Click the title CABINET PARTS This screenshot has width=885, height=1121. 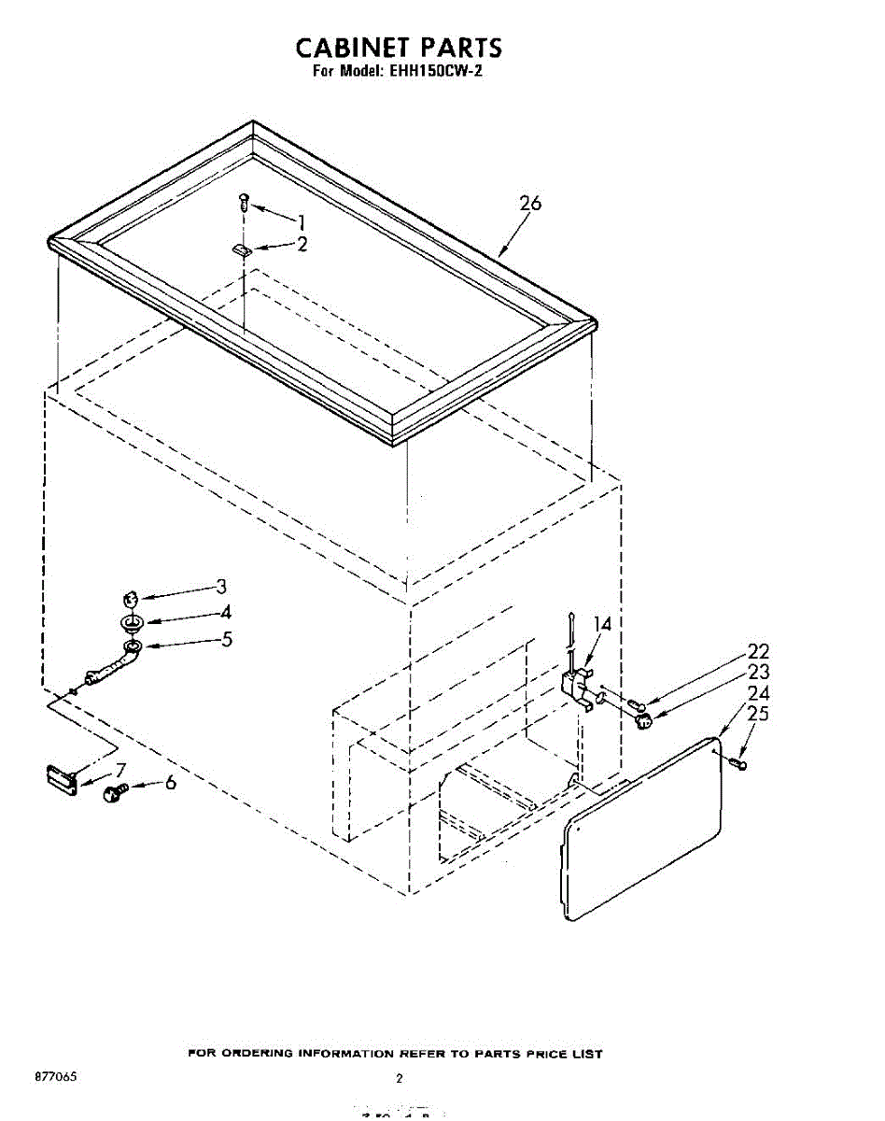pyautogui.click(x=399, y=48)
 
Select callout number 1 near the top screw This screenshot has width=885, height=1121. pyautogui.click(x=301, y=221)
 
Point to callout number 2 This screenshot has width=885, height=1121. pyautogui.click(x=302, y=245)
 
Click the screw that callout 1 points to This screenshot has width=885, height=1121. pyautogui.click(x=245, y=200)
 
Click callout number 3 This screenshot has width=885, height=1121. pyautogui.click(x=221, y=587)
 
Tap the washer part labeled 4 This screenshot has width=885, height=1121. pyautogui.click(x=132, y=622)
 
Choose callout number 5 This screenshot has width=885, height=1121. pyautogui.click(x=226, y=640)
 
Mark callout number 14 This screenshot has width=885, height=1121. pyautogui.click(x=602, y=625)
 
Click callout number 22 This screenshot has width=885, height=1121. pyautogui.click(x=758, y=652)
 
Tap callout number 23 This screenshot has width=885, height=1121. pyautogui.click(x=758, y=673)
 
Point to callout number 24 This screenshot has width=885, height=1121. pyautogui.click(x=758, y=694)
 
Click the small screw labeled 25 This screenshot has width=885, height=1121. pyautogui.click(x=739, y=765)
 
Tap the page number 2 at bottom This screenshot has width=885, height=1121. pyautogui.click(x=399, y=1078)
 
